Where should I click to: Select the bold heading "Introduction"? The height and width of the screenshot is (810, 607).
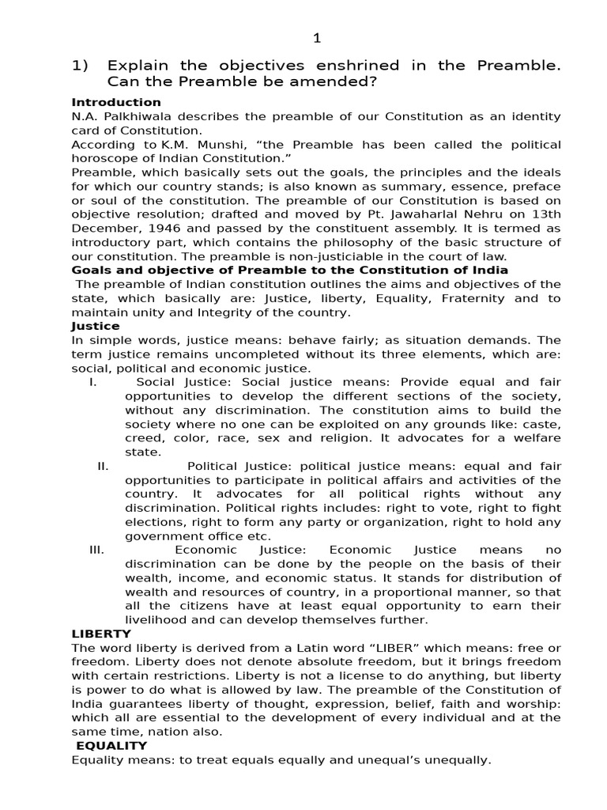(x=116, y=103)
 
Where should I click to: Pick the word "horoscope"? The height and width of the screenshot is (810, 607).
(x=106, y=158)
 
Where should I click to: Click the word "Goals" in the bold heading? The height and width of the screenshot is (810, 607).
(x=90, y=271)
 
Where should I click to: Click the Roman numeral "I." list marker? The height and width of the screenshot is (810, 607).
(x=92, y=382)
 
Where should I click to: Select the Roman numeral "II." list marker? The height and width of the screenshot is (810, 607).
(x=103, y=466)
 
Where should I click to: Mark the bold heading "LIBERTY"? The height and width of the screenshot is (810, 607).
(x=101, y=634)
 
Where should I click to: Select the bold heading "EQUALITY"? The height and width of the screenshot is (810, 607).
(x=111, y=745)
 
